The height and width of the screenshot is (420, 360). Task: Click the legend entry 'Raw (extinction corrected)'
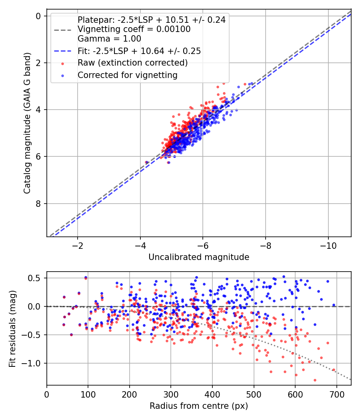click(132, 63)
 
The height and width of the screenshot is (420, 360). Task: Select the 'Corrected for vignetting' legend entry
click(127, 75)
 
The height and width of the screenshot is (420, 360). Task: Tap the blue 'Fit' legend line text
click(139, 51)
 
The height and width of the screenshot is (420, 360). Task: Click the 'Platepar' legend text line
click(151, 20)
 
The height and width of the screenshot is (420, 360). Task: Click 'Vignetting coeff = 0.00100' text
click(134, 29)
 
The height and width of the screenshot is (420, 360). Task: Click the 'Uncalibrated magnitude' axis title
click(199, 257)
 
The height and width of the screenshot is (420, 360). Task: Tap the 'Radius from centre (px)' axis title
click(199, 406)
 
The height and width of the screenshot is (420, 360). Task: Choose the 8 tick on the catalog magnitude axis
click(39, 204)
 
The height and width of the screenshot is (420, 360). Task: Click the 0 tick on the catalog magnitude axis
click(39, 16)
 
